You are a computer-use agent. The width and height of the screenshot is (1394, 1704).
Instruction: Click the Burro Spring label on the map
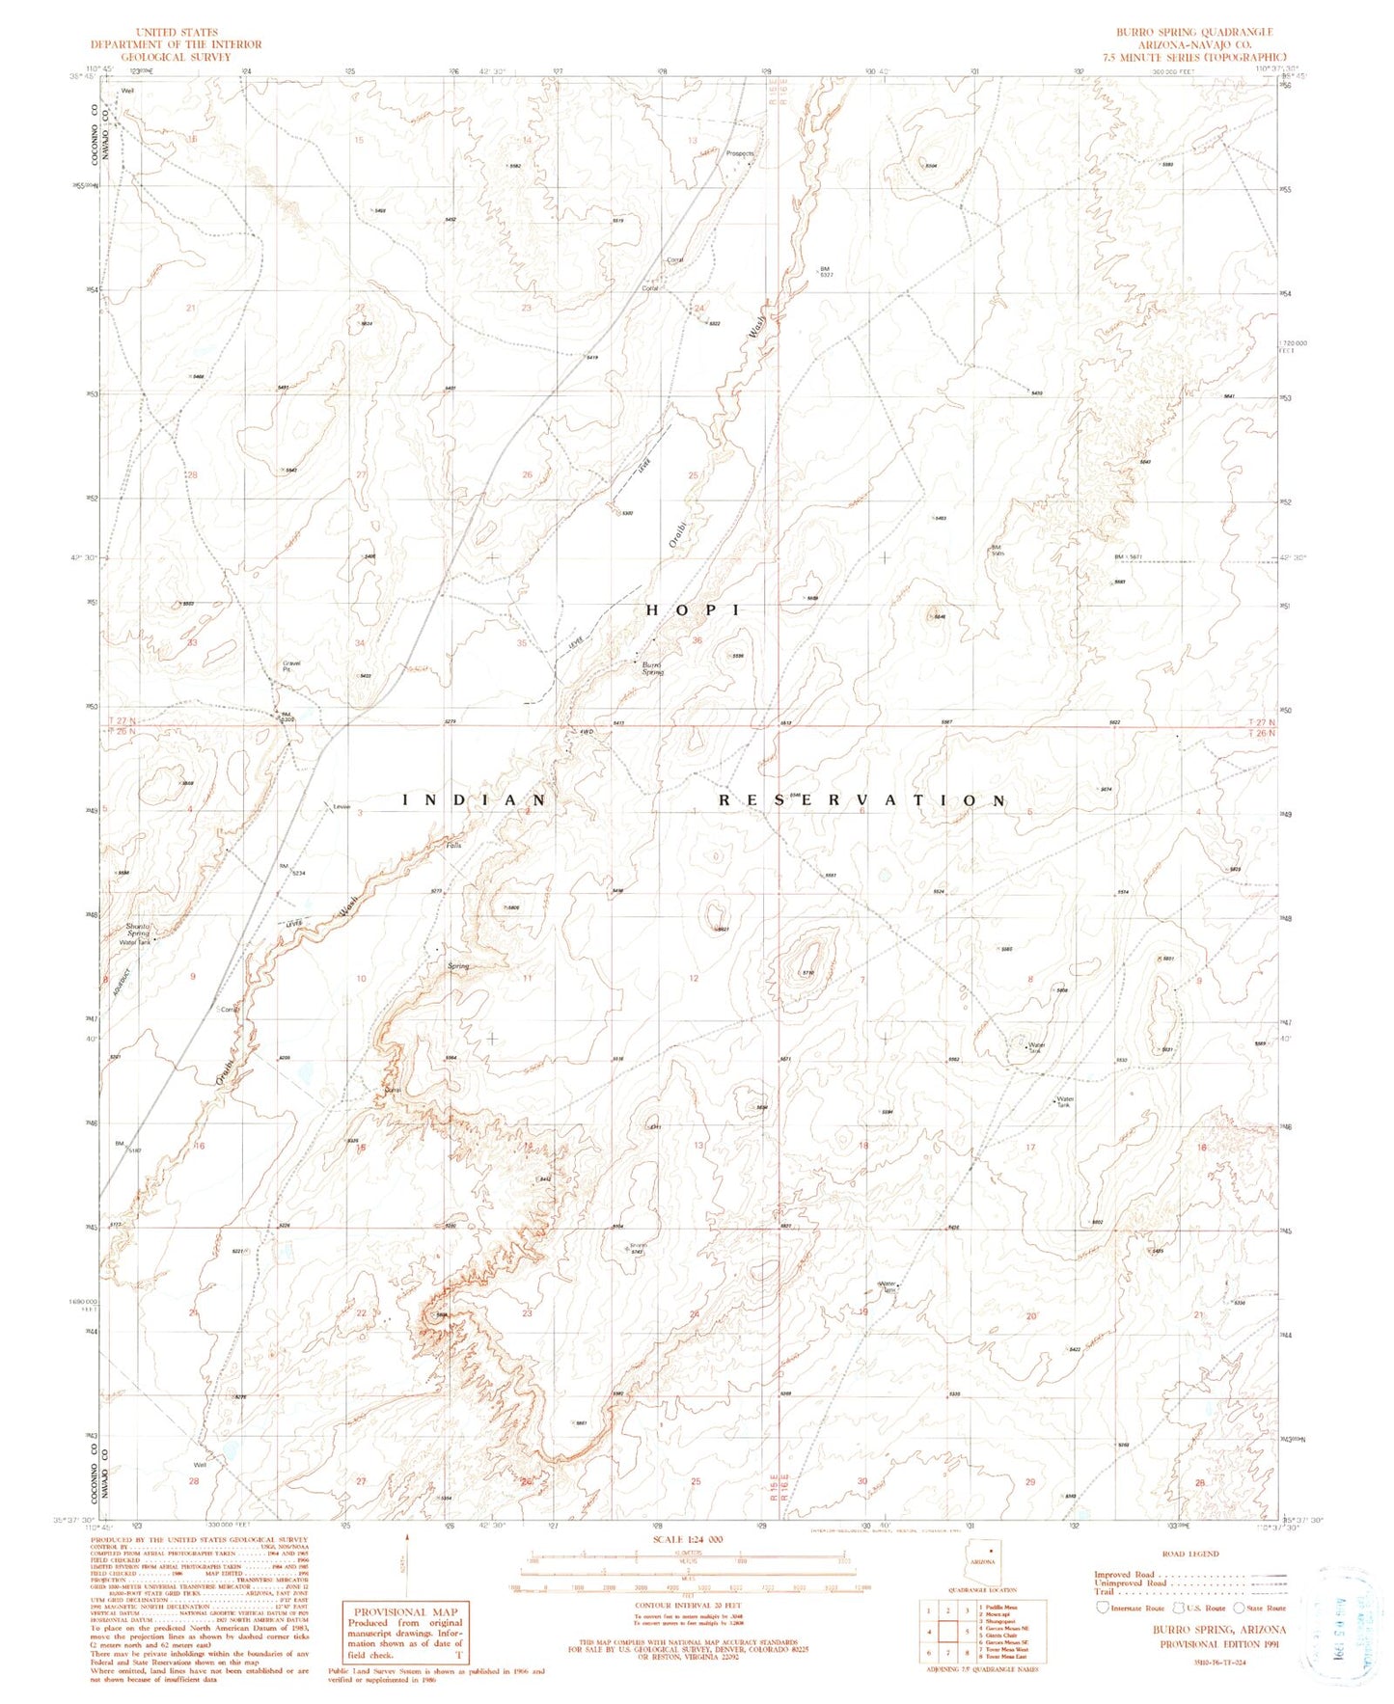(x=652, y=668)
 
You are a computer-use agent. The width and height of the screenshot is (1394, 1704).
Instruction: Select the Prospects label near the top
(x=740, y=153)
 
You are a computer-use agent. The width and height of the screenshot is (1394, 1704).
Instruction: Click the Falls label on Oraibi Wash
(x=453, y=846)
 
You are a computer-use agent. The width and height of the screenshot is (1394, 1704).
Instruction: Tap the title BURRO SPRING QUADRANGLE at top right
(x=1191, y=33)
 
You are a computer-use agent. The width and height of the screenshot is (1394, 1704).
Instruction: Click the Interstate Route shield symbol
(x=1103, y=1608)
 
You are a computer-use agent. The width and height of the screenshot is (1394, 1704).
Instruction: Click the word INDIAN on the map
(x=475, y=800)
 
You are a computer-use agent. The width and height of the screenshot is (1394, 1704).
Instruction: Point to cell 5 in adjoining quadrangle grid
(x=967, y=1632)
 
